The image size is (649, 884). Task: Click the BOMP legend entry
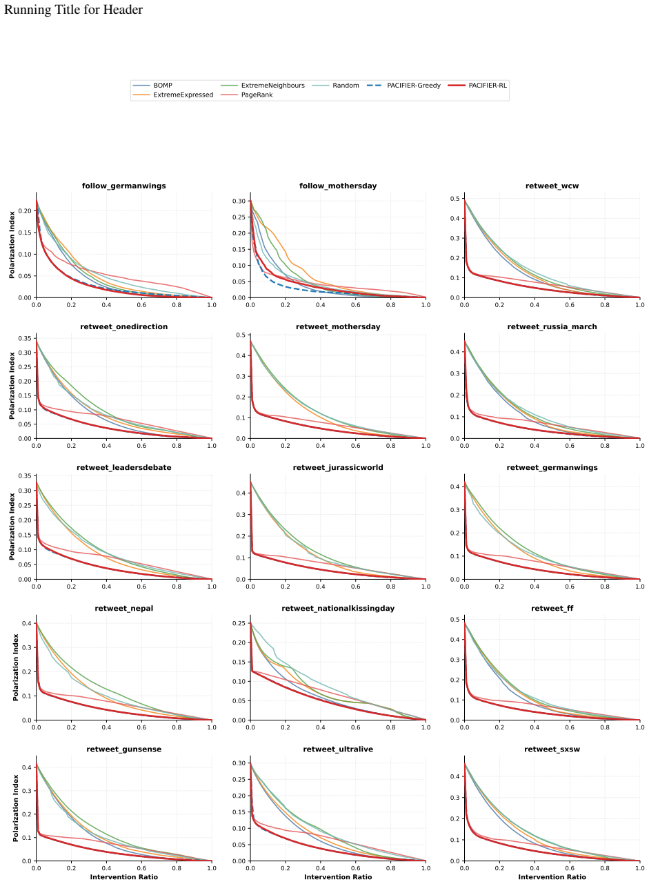[152, 86]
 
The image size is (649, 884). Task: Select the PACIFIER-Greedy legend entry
[403, 86]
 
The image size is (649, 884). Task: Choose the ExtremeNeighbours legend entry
[262, 86]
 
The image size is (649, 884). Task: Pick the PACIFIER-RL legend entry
[477, 86]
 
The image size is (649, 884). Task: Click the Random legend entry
[335, 86]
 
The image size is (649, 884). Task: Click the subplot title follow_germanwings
[124, 186]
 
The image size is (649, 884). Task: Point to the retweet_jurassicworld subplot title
[338, 468]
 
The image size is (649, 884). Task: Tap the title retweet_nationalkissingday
[338, 609]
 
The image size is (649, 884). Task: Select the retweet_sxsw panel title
[552, 749]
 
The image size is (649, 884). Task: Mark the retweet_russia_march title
[552, 327]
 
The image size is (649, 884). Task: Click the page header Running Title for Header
[73, 10]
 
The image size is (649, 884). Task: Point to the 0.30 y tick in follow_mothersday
[239, 201]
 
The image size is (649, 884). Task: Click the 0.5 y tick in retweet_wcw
[455, 199]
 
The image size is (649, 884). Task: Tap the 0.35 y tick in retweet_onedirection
[24, 339]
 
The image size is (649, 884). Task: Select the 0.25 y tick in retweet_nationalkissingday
[239, 624]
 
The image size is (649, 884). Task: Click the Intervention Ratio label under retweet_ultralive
[338, 877]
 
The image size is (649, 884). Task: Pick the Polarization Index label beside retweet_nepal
[15, 667]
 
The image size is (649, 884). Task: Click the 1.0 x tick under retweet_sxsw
[640, 868]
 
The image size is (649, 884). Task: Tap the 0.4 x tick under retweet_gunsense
[106, 868]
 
